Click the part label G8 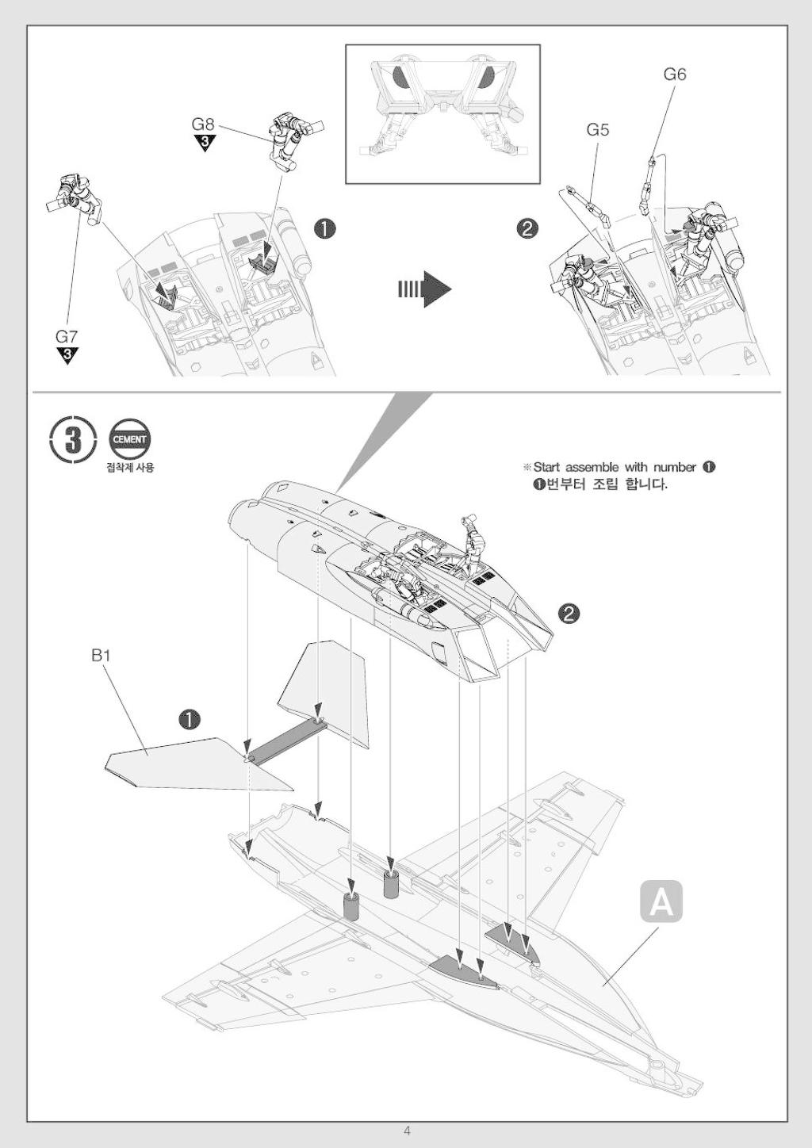[x=203, y=124]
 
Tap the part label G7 [x=67, y=336]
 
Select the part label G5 [x=598, y=129]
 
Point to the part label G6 [x=675, y=75]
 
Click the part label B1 [x=101, y=656]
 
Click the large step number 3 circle [x=73, y=438]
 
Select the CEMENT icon [x=129, y=438]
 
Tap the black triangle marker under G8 [x=205, y=143]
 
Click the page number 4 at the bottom [x=407, y=1131]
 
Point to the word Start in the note [x=546, y=467]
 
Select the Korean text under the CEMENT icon [x=130, y=467]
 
